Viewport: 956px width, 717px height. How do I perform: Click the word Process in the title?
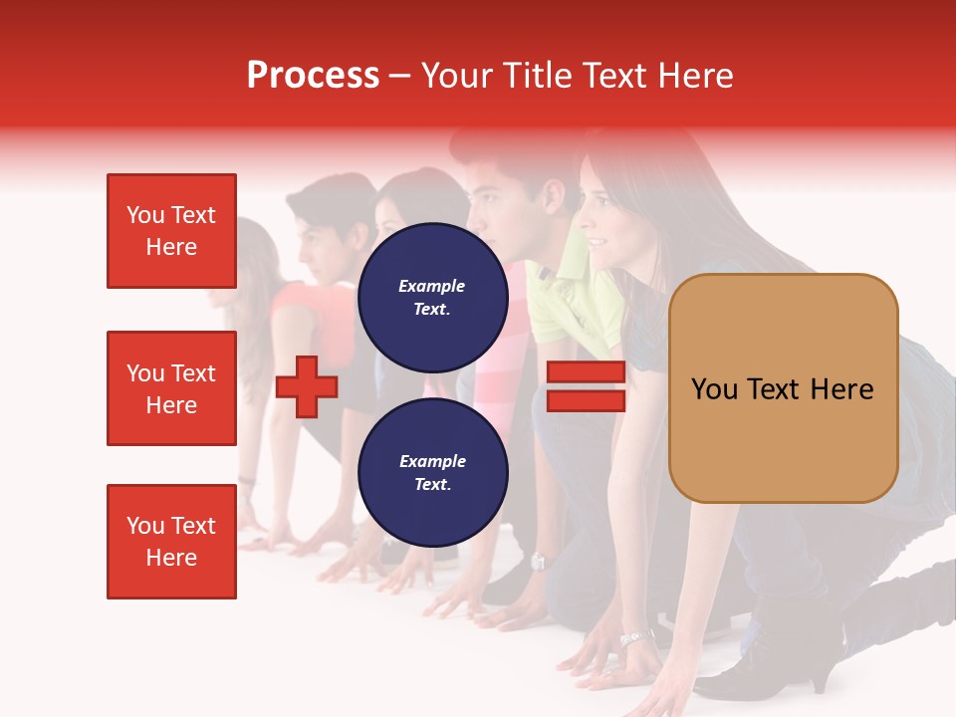(x=313, y=76)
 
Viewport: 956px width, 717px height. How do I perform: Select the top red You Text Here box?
(x=171, y=231)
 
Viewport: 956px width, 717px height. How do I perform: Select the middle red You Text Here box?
(x=171, y=388)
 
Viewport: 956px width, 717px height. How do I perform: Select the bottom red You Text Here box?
(x=171, y=542)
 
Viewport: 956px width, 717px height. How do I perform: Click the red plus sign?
(x=307, y=386)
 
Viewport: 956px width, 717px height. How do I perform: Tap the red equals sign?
(x=586, y=386)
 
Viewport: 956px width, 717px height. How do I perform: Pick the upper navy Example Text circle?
(x=432, y=298)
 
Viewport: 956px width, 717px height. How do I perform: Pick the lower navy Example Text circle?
(x=432, y=473)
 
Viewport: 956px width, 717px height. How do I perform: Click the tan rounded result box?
(x=783, y=388)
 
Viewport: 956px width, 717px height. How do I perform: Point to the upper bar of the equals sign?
(x=586, y=372)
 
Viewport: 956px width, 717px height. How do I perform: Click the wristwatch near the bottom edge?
(x=635, y=637)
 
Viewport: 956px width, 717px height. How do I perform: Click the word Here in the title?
(x=696, y=76)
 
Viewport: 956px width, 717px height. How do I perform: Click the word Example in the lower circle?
(x=432, y=461)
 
